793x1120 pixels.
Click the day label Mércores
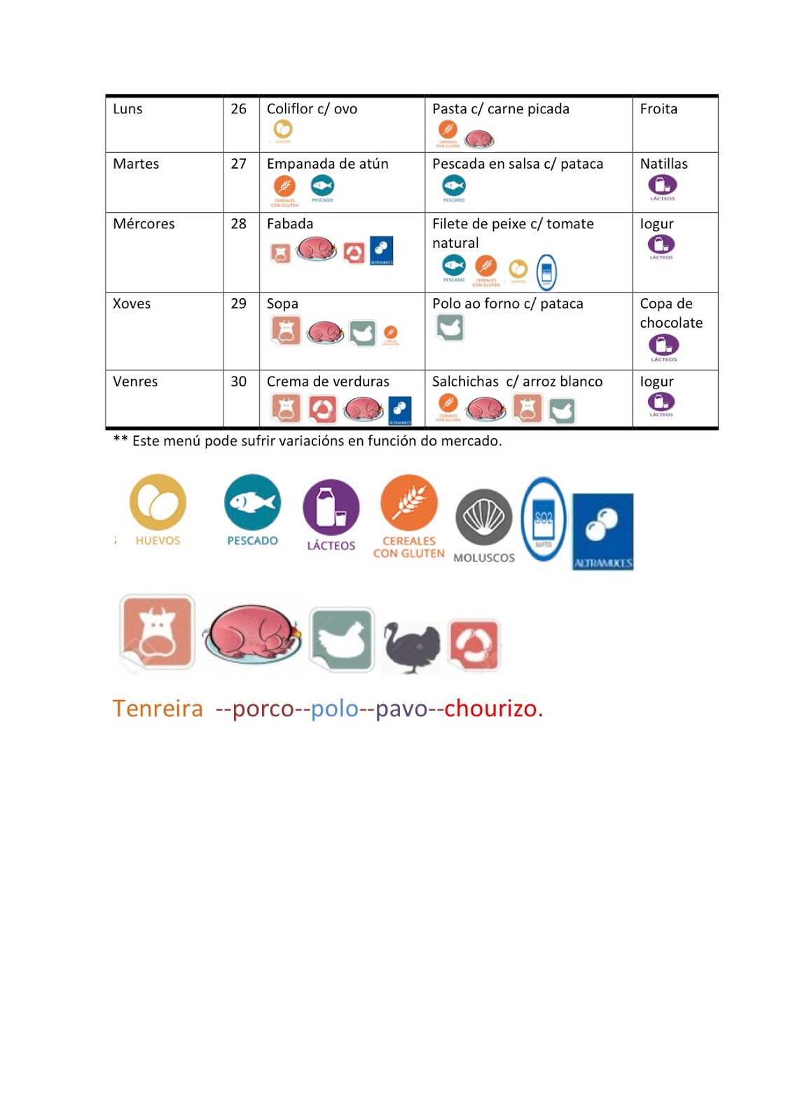[x=144, y=224]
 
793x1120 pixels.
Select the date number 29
[x=239, y=304]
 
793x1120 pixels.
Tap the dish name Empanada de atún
[x=327, y=164]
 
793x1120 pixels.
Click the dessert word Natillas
[x=663, y=164]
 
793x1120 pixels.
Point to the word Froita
[x=658, y=109]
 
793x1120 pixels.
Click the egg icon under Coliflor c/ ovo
[x=283, y=129]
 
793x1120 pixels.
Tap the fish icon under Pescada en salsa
[x=454, y=186]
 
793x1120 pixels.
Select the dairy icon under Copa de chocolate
[x=663, y=345]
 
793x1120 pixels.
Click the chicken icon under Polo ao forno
[x=450, y=327]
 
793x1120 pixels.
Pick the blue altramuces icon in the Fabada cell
[x=382, y=251]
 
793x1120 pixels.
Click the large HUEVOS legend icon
[x=158, y=503]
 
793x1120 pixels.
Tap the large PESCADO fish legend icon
[x=252, y=503]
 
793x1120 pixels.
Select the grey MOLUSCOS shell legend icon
[x=483, y=518]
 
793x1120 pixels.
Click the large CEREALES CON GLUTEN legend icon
[x=409, y=503]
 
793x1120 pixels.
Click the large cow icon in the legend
[x=157, y=631]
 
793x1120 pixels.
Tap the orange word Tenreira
[x=158, y=708]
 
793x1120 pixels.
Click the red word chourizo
[x=493, y=708]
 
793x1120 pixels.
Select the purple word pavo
[x=401, y=708]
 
